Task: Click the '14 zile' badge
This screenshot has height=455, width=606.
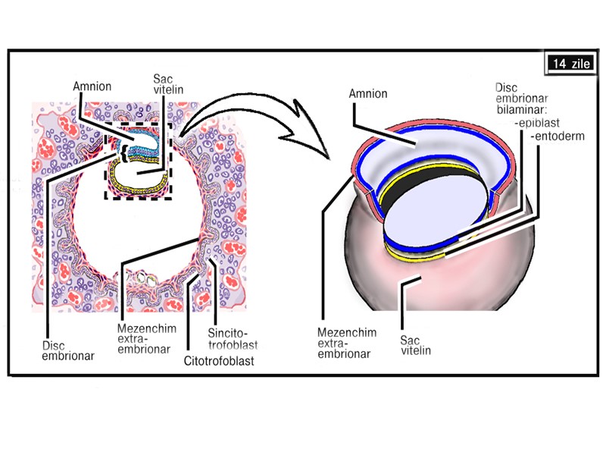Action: pos(570,64)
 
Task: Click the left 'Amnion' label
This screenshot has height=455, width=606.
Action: pos(92,86)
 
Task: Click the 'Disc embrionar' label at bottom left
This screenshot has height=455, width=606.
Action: pos(66,350)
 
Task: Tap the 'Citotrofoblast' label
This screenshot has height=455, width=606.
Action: pos(218,361)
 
